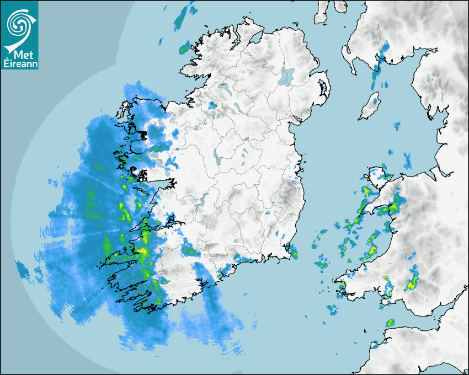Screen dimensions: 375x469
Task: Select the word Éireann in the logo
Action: click(20, 65)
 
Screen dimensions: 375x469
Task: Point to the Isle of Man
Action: click(370, 106)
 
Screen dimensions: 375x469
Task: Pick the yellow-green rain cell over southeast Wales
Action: click(411, 284)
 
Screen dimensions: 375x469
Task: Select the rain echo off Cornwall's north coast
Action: click(390, 322)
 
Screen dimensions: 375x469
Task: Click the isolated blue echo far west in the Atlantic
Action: click(22, 270)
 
